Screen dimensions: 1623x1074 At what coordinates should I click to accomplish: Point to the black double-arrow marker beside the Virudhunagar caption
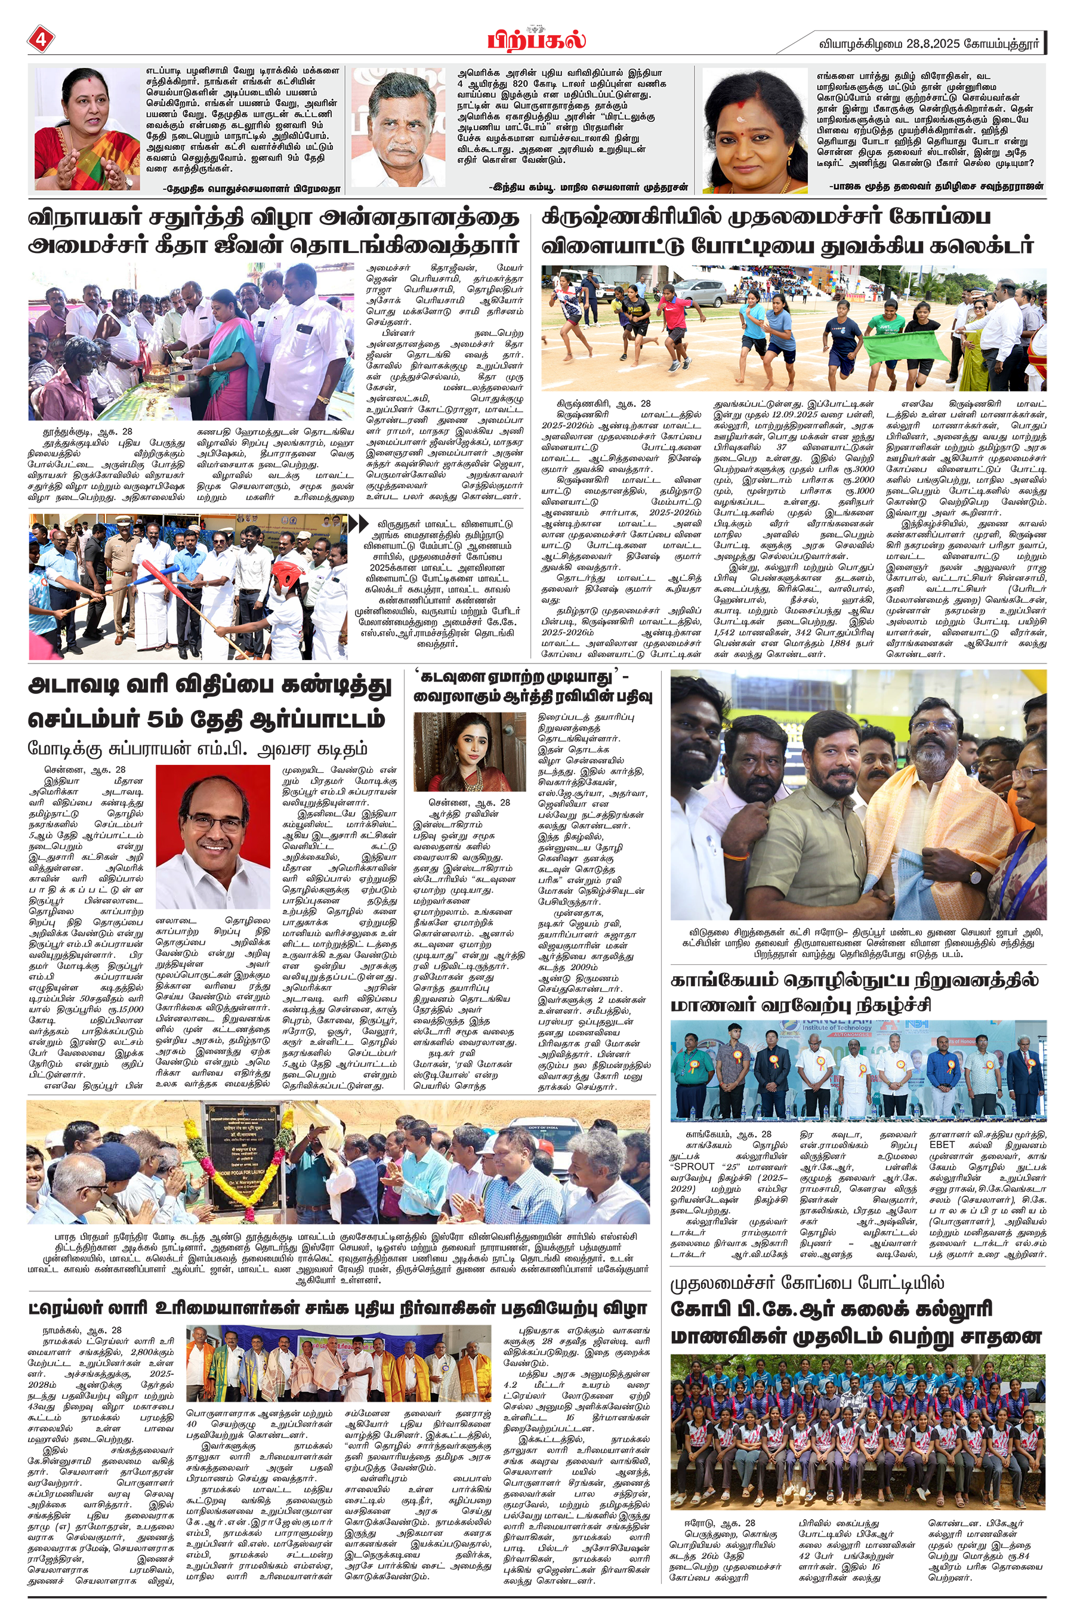(x=359, y=524)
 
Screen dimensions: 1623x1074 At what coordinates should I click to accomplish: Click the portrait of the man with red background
(x=212, y=836)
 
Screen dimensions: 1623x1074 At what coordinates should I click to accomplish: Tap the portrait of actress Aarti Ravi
(x=469, y=751)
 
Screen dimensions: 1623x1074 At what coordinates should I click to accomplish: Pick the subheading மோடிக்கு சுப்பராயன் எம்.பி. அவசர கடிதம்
(x=197, y=748)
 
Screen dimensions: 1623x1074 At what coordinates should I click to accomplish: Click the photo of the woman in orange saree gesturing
(x=87, y=129)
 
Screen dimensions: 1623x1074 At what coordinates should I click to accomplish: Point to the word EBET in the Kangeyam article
(x=942, y=1144)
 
